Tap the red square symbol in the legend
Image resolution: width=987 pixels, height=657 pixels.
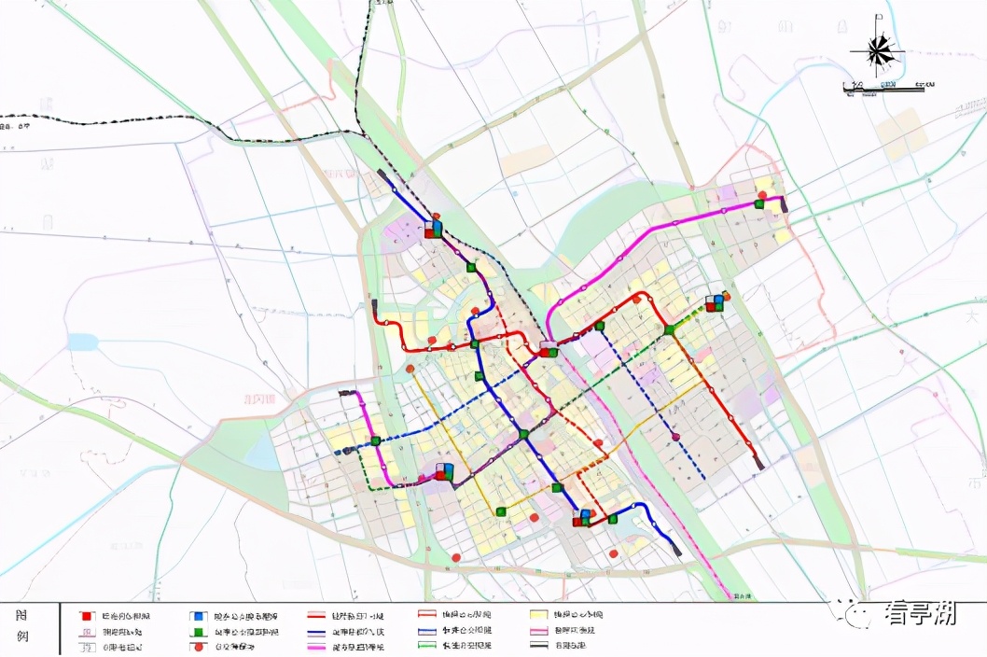(86, 616)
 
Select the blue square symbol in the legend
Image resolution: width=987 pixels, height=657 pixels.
(198, 616)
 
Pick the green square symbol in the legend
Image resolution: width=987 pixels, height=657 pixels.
(198, 631)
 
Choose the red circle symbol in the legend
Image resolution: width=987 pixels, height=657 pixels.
(198, 646)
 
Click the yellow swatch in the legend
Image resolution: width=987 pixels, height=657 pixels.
(538, 616)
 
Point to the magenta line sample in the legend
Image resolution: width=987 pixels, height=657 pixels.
(322, 646)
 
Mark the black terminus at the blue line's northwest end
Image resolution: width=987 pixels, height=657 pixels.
(382, 173)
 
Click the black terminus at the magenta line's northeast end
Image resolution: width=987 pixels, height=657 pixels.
(784, 206)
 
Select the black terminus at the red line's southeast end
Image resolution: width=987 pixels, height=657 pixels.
(759, 462)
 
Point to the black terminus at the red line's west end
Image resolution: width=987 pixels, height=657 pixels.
(373, 304)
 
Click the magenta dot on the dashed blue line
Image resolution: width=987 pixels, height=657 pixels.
(674, 436)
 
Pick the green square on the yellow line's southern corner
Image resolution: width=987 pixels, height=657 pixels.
(501, 510)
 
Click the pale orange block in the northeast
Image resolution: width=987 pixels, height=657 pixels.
(901, 134)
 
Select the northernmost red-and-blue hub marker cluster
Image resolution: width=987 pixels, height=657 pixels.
(433, 229)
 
